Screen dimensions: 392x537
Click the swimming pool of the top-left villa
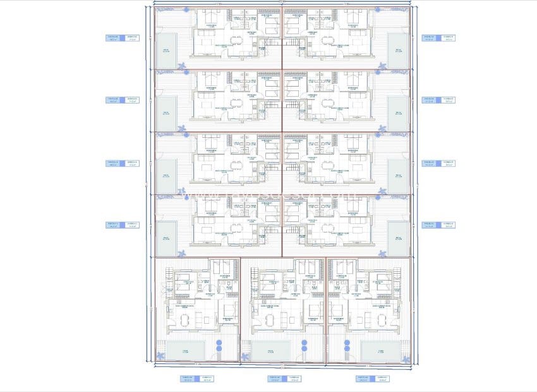tap(167, 51)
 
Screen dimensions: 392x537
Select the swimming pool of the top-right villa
tap(398, 51)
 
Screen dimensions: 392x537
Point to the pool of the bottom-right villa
tap(381, 350)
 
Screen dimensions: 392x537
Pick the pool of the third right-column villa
tap(398, 176)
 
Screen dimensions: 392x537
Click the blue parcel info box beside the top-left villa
tap(122, 38)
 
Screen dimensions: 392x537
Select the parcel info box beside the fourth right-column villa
tap(438, 224)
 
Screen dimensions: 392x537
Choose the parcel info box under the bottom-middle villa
tap(283, 379)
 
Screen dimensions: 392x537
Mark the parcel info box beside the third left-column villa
tap(122, 162)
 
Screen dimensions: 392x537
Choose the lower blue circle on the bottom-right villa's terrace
tap(347, 349)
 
